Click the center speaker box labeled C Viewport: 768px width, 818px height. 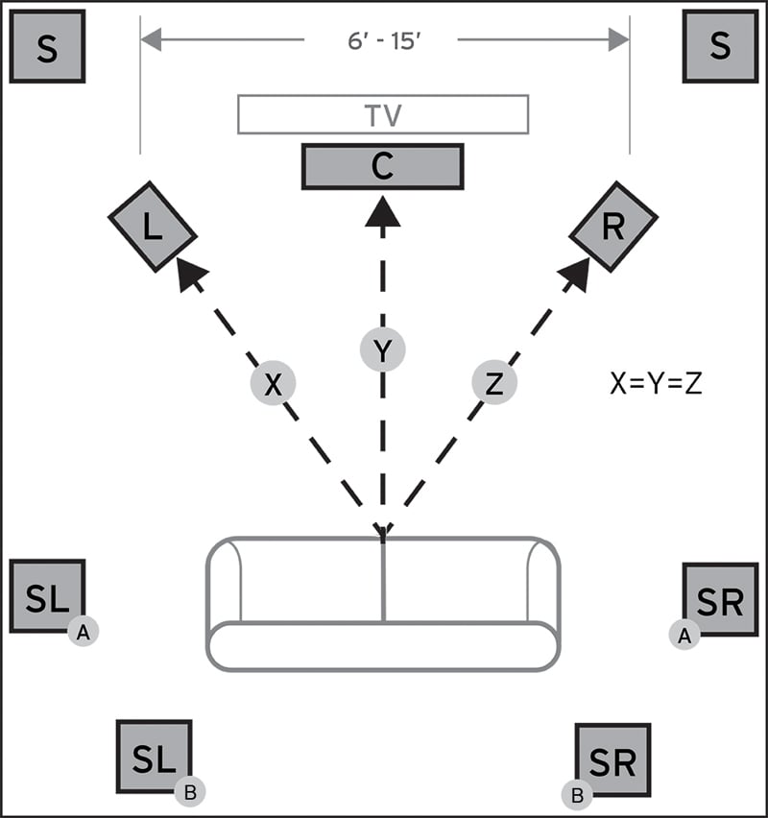383,166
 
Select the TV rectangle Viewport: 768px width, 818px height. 383,114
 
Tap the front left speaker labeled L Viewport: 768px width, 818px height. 152,226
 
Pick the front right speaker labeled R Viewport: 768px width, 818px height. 613,226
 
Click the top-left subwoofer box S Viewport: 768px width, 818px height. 47,47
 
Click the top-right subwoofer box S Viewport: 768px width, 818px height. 720,47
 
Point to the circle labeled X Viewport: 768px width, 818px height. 274,384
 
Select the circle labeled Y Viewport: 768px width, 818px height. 383,351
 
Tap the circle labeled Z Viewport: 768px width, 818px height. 494,384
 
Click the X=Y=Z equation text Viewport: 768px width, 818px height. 657,384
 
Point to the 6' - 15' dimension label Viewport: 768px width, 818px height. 382,39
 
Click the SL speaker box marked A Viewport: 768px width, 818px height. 47,597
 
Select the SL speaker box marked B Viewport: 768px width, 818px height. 154,758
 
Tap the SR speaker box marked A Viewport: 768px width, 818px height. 720,601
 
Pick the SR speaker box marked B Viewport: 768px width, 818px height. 613,761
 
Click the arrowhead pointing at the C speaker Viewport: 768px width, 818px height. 383,211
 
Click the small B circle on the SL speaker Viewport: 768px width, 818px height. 190,792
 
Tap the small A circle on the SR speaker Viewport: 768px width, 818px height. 684,634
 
